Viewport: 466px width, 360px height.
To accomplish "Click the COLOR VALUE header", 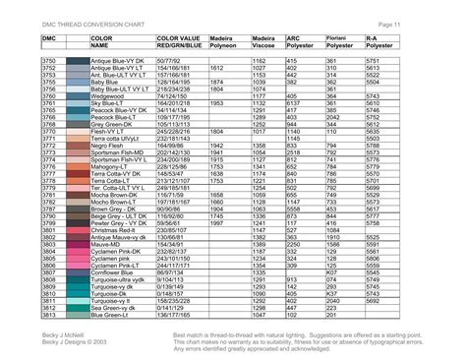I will coord(178,37).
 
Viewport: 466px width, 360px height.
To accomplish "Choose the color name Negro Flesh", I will coord(109,145).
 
